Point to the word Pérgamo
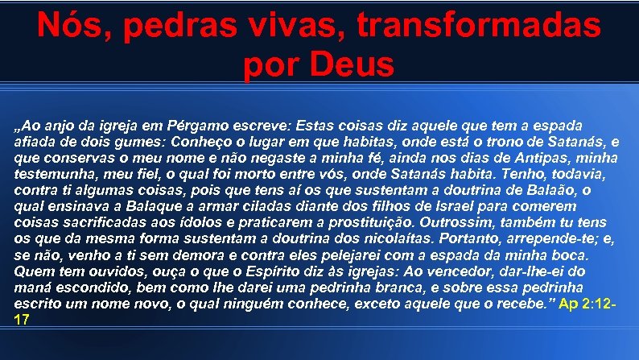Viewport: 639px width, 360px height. [x=200, y=126]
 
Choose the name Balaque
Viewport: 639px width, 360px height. [x=130, y=205]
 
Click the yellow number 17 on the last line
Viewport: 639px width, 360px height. [x=23, y=320]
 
